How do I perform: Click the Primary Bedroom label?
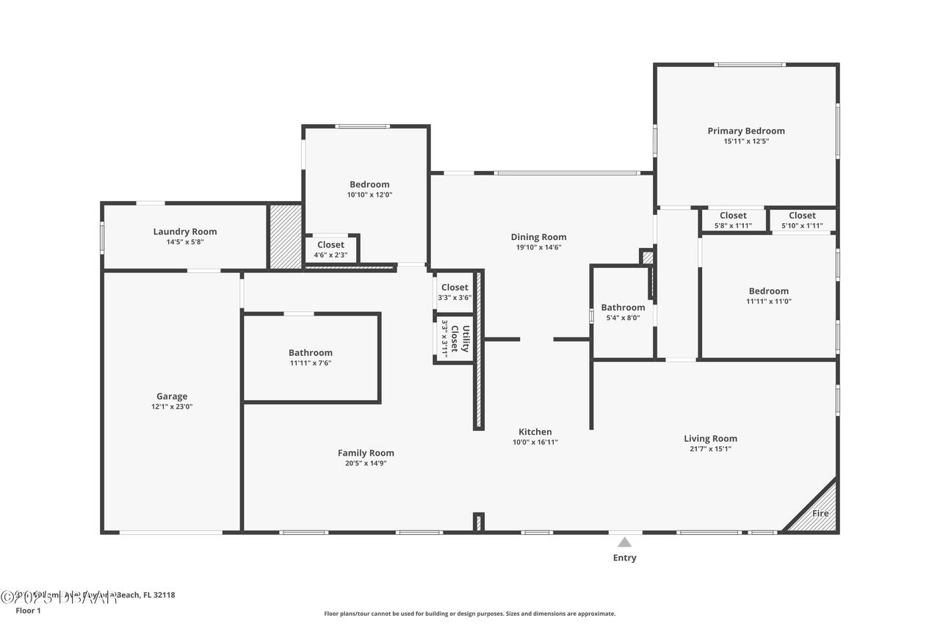[745, 131]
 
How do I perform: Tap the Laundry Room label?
[185, 232]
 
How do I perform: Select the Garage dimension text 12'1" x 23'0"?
[172, 407]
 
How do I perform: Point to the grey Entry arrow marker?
[624, 542]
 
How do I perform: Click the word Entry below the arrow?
[624, 558]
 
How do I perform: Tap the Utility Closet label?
[460, 338]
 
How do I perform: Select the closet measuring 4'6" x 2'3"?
[330, 250]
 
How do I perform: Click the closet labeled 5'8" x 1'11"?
[733, 220]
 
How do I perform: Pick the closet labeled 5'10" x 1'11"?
[802, 220]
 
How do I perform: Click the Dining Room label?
[538, 237]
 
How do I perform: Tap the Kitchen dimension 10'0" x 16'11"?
[535, 443]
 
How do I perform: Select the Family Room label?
[366, 453]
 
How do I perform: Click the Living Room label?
[710, 439]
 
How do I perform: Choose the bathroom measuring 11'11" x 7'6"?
[310, 357]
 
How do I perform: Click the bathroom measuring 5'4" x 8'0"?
[623, 312]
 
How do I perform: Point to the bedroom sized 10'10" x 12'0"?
[369, 189]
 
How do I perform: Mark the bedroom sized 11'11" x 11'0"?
[768, 296]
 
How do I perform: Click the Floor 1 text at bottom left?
[29, 611]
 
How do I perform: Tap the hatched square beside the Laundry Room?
[285, 236]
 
